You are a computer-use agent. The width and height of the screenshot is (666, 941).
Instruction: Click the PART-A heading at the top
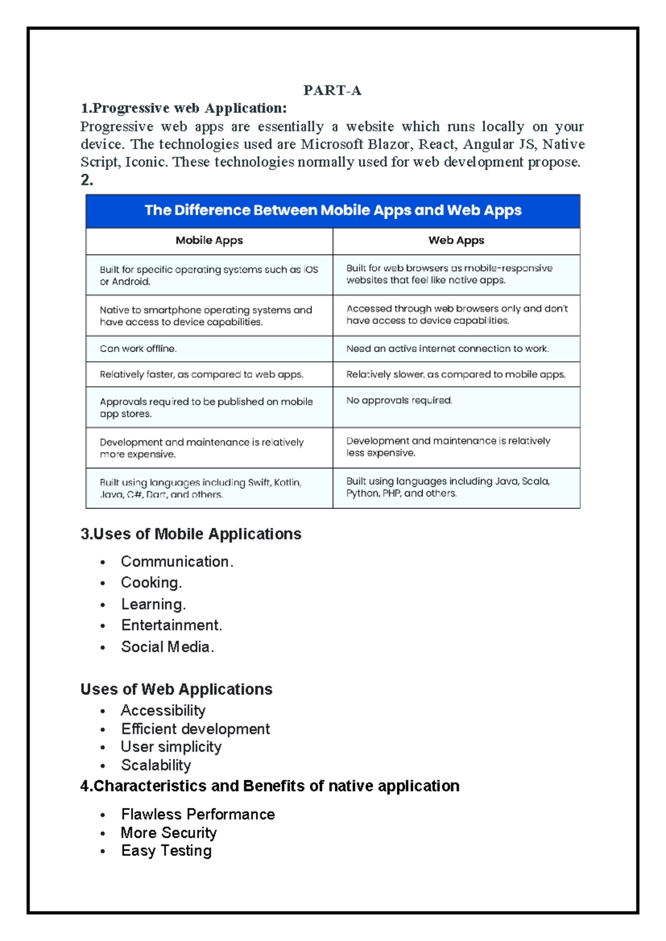332,90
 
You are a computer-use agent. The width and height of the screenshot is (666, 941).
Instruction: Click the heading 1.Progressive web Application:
184,108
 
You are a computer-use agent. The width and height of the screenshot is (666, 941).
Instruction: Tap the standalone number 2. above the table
87,180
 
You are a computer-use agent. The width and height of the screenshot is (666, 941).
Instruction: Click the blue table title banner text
333,210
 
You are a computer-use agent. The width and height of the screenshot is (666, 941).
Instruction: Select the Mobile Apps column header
209,240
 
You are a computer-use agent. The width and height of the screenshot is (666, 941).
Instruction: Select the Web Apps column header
456,240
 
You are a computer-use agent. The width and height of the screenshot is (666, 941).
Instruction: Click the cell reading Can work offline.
138,348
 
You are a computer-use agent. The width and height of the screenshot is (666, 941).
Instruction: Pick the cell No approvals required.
399,400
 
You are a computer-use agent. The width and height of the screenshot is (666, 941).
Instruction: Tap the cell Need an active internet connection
447,348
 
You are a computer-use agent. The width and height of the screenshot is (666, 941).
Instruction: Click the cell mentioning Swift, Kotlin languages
200,488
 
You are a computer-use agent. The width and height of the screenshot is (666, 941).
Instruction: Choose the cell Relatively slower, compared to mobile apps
456,375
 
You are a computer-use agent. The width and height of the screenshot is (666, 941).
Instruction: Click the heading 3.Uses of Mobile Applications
191,534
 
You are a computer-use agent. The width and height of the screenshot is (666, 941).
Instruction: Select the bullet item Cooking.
151,583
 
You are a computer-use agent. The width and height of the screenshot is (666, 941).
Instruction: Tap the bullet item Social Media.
167,647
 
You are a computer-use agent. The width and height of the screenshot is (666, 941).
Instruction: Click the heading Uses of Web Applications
176,689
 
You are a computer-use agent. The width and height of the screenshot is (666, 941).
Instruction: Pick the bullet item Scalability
156,765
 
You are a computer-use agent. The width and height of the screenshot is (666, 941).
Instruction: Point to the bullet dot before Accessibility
103,711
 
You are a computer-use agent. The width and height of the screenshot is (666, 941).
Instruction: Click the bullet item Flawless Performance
198,814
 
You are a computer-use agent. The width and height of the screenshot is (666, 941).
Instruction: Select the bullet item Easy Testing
167,851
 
